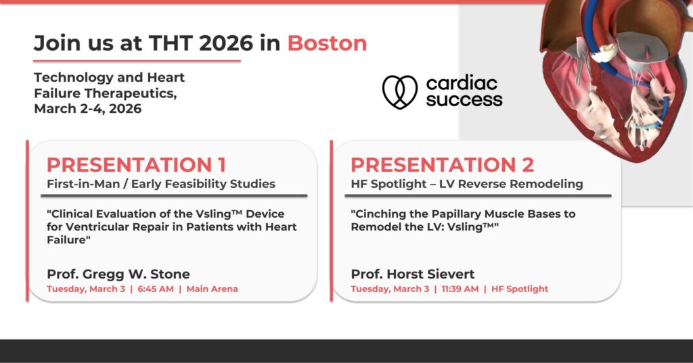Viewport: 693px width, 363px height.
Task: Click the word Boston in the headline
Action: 327,43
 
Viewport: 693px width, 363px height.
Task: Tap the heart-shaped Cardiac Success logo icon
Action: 399,92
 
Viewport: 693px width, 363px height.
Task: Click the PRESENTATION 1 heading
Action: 137,165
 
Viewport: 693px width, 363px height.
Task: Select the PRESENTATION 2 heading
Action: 443,165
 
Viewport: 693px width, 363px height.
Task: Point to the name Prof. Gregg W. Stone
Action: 118,274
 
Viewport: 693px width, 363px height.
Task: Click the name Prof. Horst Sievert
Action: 413,274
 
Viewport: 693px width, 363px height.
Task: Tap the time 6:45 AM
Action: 156,289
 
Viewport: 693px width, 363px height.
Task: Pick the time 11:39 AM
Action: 460,289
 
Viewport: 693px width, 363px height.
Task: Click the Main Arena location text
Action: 212,289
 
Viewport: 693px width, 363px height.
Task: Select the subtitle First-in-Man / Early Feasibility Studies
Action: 161,184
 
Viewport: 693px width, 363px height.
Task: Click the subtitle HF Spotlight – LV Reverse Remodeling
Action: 467,184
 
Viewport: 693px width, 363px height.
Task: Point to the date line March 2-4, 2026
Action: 88,109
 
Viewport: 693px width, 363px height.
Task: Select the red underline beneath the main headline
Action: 137,61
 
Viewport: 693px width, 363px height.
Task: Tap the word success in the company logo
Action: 464,100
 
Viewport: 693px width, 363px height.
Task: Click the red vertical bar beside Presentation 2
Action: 332,221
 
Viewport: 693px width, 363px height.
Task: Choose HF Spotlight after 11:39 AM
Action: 520,289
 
